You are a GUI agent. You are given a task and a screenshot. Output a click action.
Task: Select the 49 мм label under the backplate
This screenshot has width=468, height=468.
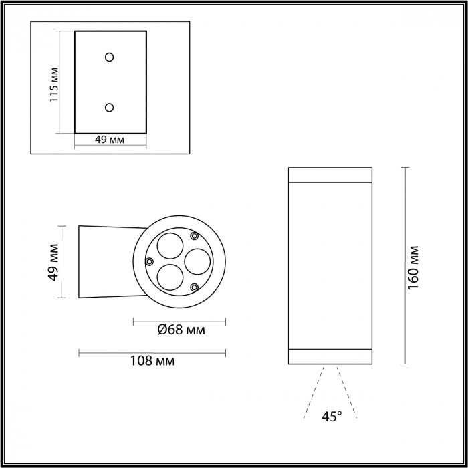110,140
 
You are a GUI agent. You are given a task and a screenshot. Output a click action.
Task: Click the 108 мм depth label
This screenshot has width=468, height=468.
152,361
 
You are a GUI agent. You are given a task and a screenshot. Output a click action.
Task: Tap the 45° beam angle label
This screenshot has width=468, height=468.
331,417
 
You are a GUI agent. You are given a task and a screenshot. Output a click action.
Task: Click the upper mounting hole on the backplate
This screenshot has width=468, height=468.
110,57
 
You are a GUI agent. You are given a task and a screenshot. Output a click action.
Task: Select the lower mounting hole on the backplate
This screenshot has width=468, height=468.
110,107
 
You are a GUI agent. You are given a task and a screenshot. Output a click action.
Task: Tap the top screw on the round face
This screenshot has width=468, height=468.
194,235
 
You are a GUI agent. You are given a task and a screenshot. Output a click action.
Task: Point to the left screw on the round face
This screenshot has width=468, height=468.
150,261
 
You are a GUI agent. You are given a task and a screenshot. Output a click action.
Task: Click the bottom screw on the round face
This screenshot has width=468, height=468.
194,287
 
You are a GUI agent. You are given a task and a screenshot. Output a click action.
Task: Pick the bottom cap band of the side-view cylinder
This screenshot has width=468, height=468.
330,356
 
